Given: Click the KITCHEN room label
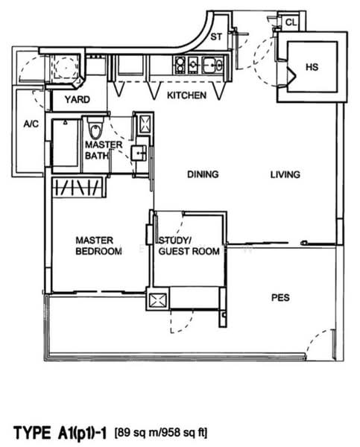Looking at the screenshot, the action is (x=186, y=95).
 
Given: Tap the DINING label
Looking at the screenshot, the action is (x=203, y=174).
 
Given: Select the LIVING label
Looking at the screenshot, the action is (x=285, y=174).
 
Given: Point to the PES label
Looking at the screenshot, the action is (x=280, y=297).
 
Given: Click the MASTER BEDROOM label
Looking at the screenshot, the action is (x=98, y=246).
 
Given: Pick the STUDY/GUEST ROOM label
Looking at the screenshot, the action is (x=189, y=246).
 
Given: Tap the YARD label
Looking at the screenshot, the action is (x=77, y=100).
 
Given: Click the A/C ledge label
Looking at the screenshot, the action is (x=31, y=124).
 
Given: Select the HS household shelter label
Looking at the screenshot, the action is (x=312, y=67).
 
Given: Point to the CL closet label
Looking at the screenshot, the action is (x=291, y=22).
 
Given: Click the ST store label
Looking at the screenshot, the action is (x=216, y=37).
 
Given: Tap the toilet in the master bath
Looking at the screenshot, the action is (x=95, y=128).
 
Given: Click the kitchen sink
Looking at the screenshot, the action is (x=212, y=65).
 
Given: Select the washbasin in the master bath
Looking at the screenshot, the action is (x=139, y=153).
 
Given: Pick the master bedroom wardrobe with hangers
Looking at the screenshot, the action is (x=77, y=187).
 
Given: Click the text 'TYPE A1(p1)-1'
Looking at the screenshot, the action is (x=60, y=433).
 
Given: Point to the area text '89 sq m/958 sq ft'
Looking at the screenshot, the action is (x=160, y=433).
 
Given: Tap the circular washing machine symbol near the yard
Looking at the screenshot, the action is (x=65, y=68).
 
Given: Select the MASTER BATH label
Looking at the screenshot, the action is (x=104, y=150).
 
